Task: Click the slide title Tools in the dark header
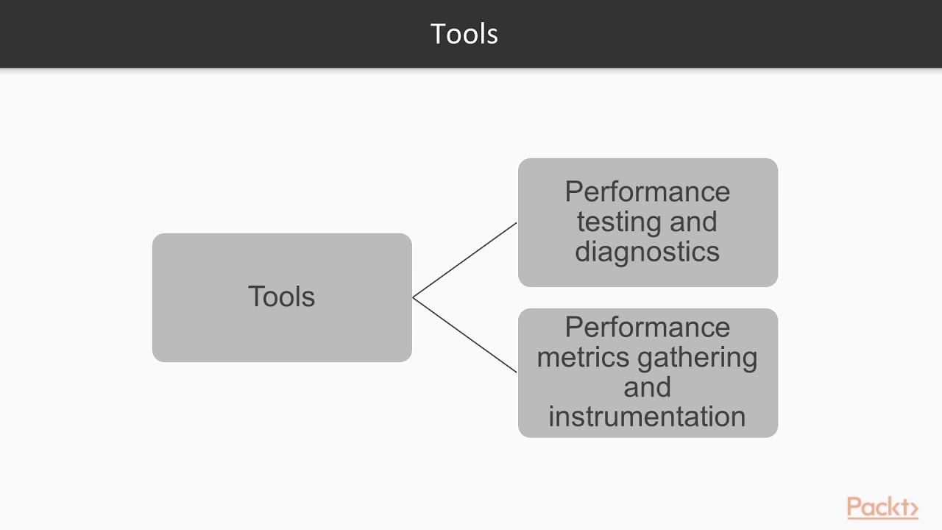click(464, 34)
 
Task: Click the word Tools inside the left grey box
click(281, 297)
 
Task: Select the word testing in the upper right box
click(615, 222)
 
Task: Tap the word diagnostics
click(647, 252)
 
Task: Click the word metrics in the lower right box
click(583, 358)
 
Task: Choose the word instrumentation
click(647, 417)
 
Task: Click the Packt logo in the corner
click(882, 507)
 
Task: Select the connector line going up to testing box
click(465, 260)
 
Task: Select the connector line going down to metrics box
click(465, 335)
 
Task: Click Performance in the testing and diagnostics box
click(647, 192)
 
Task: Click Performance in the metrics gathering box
click(647, 328)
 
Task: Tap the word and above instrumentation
click(647, 387)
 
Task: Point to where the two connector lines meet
click(414, 297)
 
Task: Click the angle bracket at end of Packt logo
click(913, 508)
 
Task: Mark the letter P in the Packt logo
click(854, 507)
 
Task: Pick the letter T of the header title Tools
click(438, 34)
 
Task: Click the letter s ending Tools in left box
click(309, 297)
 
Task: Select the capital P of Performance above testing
click(573, 192)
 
